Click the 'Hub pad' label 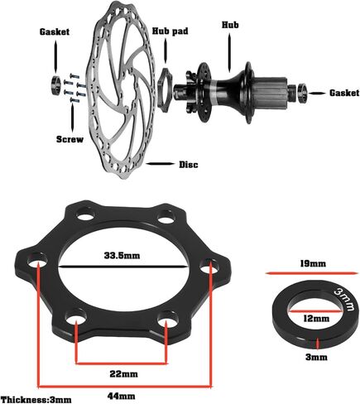coord(170,31)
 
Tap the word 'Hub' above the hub coord(230,25)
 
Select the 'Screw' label coord(70,139)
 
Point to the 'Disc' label coord(189,165)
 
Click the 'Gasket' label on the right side coord(344,93)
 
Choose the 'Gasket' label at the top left coord(55,31)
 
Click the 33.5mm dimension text coord(122,256)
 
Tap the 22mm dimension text coord(123,374)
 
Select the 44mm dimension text coord(122,397)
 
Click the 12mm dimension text coord(316,319)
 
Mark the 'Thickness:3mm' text coord(36,400)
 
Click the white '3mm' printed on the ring coord(344,300)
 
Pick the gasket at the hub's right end coord(303,92)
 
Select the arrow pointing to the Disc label coord(161,164)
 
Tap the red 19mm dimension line coord(310,273)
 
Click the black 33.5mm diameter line coord(122,267)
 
